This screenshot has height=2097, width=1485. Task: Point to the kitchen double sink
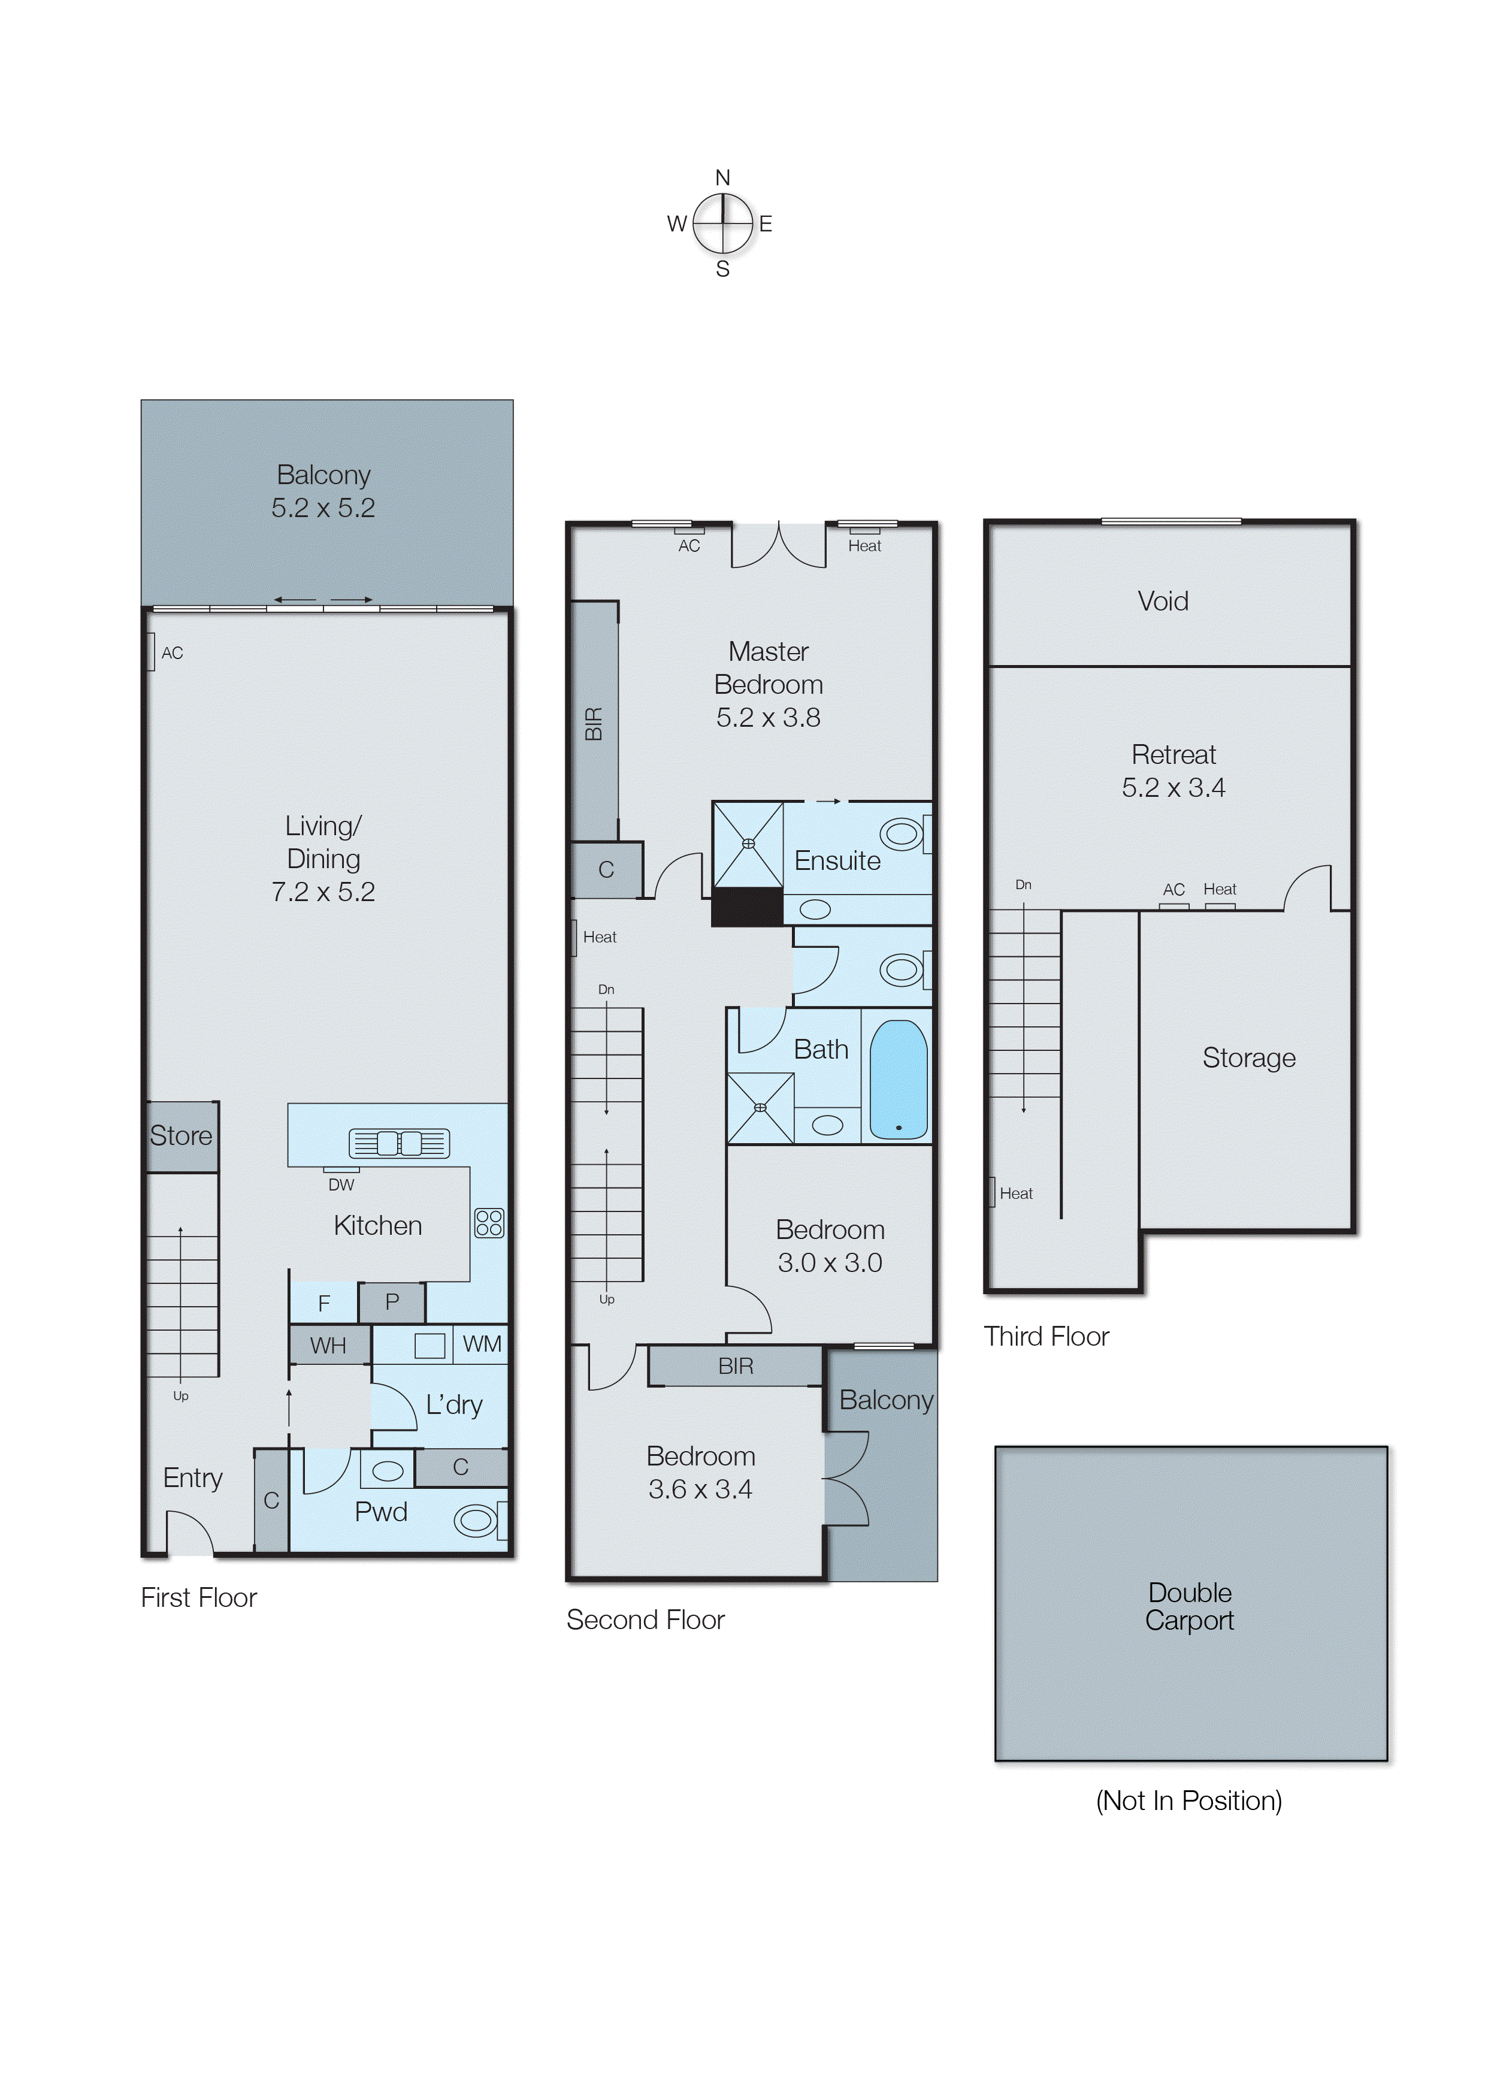[x=399, y=1143]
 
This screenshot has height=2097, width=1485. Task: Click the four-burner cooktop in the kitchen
[x=489, y=1223]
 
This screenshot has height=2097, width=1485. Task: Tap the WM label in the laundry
[x=482, y=1343]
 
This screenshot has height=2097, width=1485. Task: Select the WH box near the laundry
[x=328, y=1345]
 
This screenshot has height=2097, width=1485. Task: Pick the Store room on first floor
[x=181, y=1136]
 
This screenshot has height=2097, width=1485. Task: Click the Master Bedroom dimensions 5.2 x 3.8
[x=768, y=718]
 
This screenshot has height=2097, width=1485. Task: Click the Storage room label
[x=1248, y=1058]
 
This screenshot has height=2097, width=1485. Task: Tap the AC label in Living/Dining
[x=172, y=653]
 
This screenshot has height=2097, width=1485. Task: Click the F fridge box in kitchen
[x=323, y=1303]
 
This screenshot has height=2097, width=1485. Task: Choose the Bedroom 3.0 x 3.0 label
[x=830, y=1246]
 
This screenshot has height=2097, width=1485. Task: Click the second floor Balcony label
[x=886, y=1400]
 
